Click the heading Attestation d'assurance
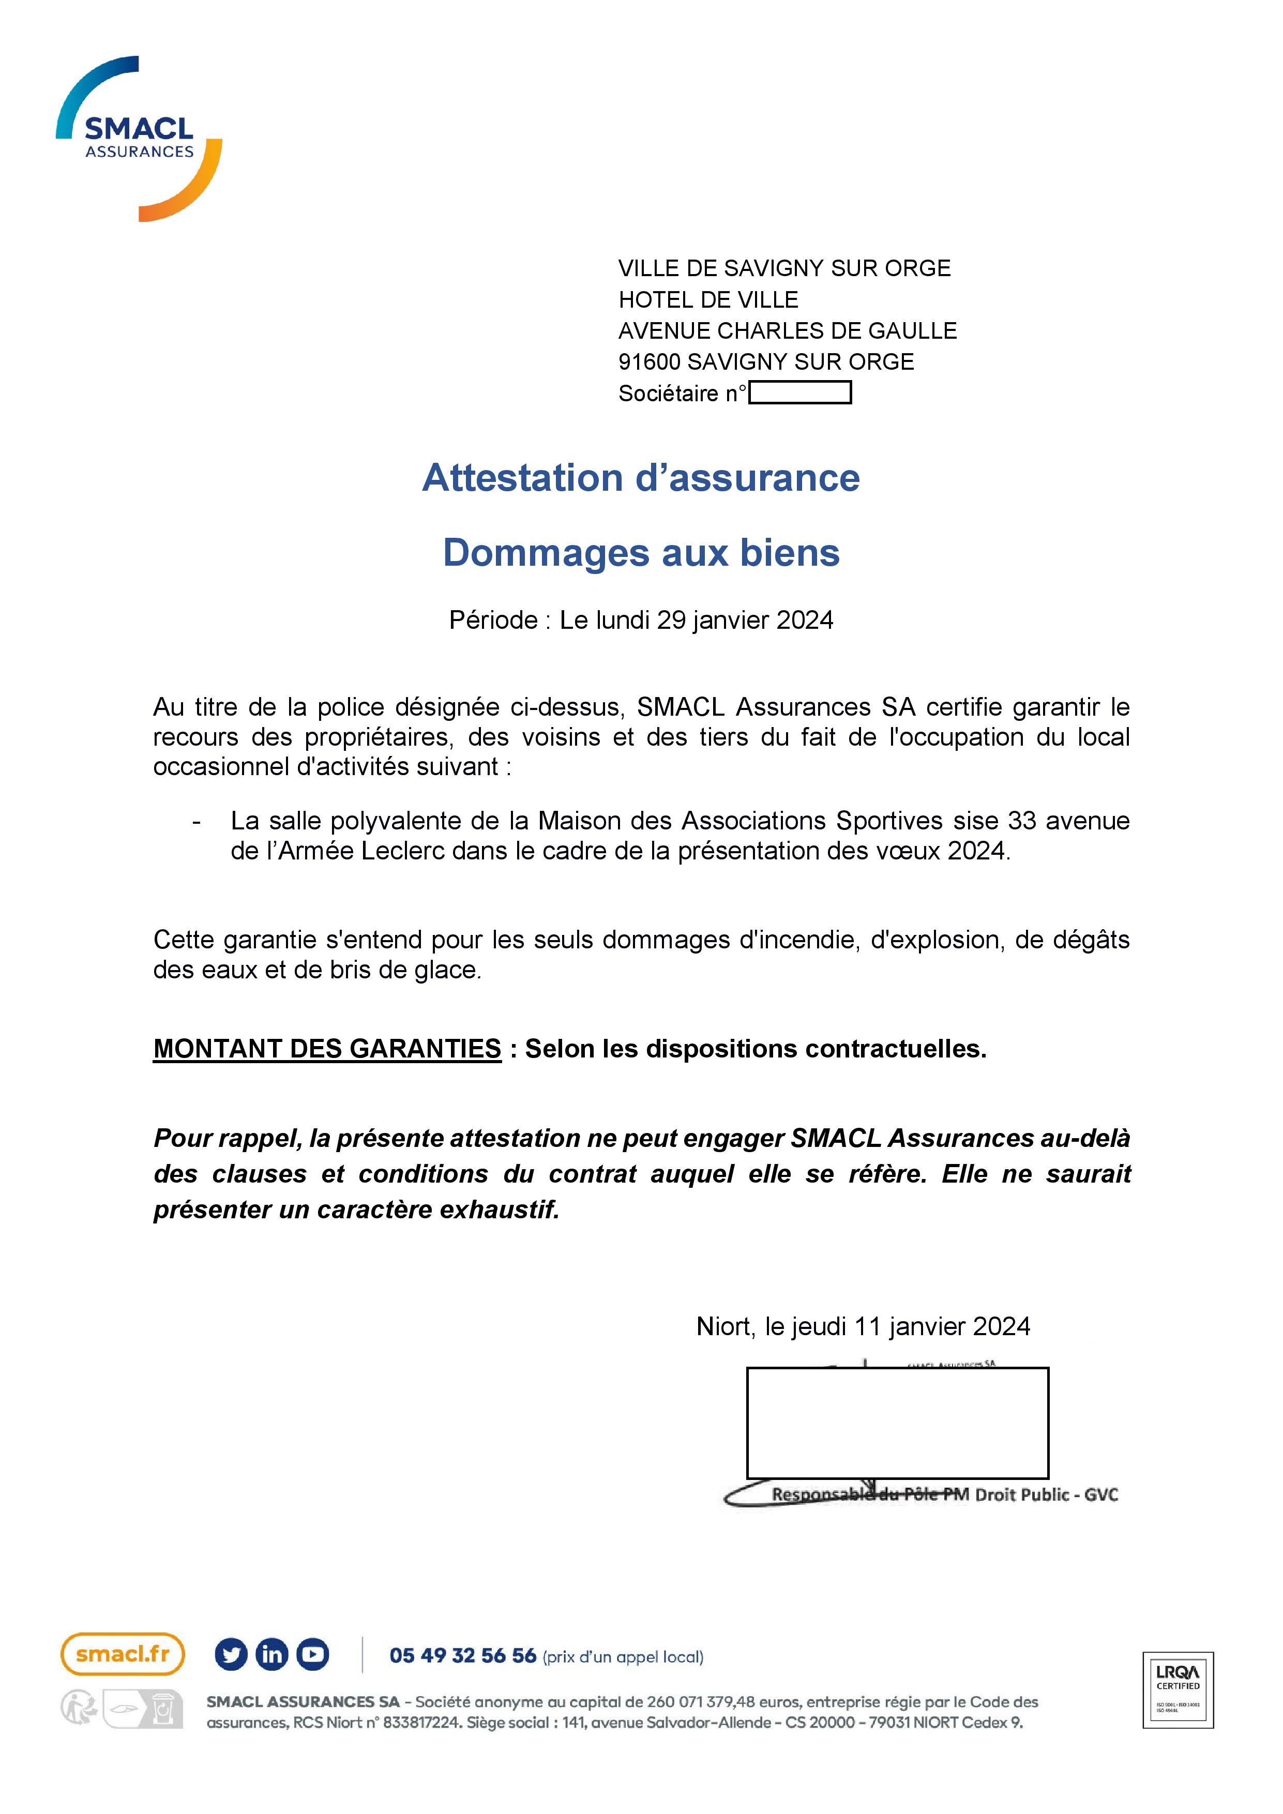point(641,478)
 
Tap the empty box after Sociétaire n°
point(799,392)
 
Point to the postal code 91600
point(648,362)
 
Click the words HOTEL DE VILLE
point(708,299)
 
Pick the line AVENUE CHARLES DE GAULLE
point(787,330)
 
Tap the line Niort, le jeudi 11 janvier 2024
point(863,1326)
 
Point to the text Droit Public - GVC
point(1046,1495)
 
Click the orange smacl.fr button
point(123,1654)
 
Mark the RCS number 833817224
point(421,1722)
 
